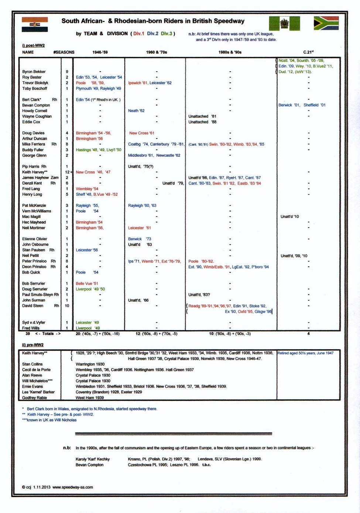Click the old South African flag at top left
pos(35,24)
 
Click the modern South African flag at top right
pos(326,23)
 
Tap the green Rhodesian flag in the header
pos(284,24)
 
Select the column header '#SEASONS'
pos(64,52)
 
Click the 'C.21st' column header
pos(308,52)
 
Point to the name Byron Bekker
pos(34,72)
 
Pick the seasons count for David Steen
pos(67,306)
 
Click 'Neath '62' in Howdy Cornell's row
pos(136,111)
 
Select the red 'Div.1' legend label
pos(139,34)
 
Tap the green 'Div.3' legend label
pos(166,34)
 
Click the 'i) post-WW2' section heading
pos(33,45)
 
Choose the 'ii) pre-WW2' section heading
pos(33,345)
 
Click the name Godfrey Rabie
pos(34,398)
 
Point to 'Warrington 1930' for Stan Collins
pos(90,364)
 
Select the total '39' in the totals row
pos(28,334)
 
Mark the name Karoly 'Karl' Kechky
pos(93,459)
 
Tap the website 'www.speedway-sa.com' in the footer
pos(72,487)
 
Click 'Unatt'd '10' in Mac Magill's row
pos(290,217)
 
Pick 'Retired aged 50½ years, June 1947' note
pos(305,353)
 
